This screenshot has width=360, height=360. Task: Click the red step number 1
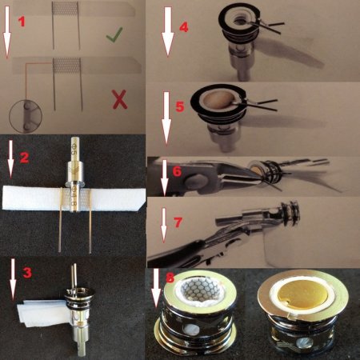22,22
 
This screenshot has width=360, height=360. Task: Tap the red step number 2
24,158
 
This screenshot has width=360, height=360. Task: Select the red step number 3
27,273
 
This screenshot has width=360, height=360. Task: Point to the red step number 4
184,27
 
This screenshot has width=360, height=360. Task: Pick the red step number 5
180,106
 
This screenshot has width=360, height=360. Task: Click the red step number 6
177,171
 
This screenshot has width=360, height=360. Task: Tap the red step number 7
178,222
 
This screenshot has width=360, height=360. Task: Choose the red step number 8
170,278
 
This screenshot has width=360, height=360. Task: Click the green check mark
114,34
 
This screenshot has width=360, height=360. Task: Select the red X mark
120,99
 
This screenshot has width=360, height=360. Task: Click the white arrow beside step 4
168,32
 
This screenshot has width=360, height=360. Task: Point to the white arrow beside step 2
10,159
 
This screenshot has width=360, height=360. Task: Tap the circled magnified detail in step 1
26,116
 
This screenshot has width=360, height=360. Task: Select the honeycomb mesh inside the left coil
199,290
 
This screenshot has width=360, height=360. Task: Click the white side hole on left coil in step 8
193,330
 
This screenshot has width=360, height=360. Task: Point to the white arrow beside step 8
156,291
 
